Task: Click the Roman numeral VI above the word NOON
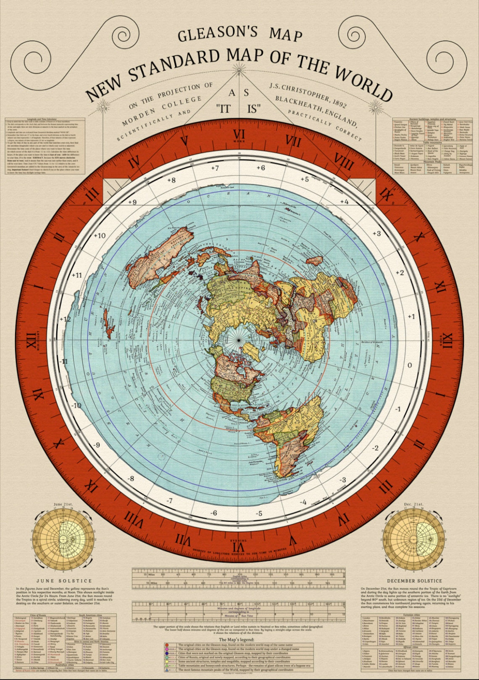(x=239, y=134)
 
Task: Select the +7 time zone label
(x=215, y=168)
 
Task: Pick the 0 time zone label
(x=410, y=365)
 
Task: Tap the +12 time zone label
(x=65, y=319)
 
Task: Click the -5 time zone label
(x=259, y=513)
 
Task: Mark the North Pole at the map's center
(x=239, y=340)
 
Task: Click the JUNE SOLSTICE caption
(x=64, y=581)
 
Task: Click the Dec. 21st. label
(x=414, y=504)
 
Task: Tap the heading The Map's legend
(x=237, y=640)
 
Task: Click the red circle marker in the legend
(x=167, y=645)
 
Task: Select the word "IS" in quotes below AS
(x=253, y=109)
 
